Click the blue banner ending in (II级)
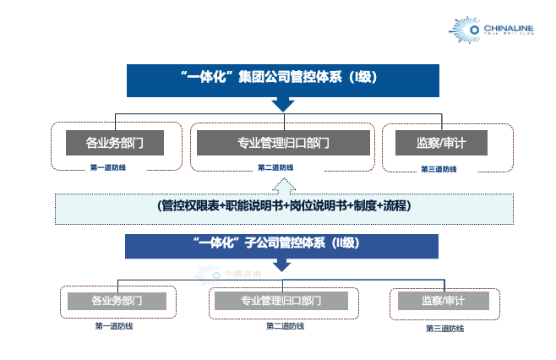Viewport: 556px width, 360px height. (281, 244)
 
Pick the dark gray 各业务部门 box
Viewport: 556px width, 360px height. (114, 143)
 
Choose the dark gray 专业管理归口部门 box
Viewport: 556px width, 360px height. (282, 143)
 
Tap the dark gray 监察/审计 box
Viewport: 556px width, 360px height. (441, 143)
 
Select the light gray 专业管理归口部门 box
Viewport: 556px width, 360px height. (281, 300)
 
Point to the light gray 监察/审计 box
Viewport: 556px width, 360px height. (443, 300)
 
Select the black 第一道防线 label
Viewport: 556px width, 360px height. (114, 326)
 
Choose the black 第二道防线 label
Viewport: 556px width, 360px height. (285, 325)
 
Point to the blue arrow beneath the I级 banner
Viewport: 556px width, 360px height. (282, 106)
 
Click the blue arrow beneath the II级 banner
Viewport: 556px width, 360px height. (282, 265)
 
